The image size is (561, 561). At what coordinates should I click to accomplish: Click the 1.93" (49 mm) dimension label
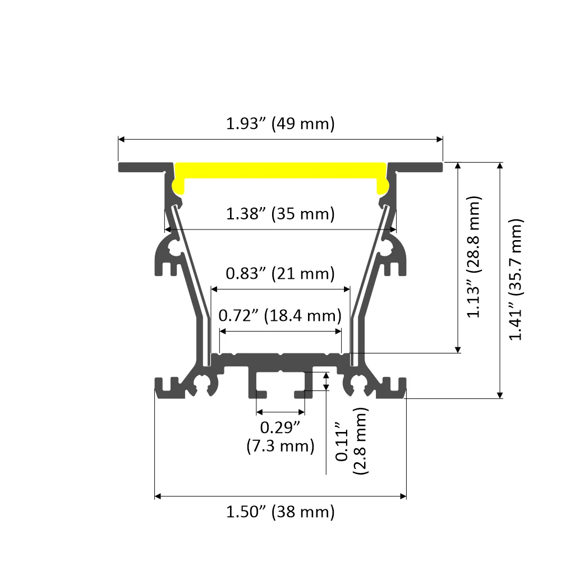280,123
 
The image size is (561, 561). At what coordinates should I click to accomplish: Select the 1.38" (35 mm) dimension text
280,214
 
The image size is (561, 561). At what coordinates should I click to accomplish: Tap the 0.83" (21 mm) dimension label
280,274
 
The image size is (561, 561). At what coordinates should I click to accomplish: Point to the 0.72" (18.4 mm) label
280,316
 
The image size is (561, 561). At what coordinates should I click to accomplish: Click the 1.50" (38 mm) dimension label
280,512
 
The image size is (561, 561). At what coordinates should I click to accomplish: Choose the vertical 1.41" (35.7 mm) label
517,279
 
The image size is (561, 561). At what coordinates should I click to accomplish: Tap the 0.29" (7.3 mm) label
280,437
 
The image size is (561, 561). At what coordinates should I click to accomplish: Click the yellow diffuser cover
280,171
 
